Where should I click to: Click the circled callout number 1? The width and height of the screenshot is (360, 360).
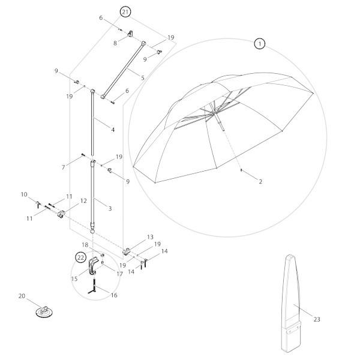click(259, 43)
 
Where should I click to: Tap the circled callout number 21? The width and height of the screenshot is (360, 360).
click(125, 12)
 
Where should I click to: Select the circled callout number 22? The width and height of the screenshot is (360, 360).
click(80, 257)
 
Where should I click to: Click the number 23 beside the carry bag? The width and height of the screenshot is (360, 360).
click(317, 319)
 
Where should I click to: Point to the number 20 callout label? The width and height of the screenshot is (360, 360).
click(22, 296)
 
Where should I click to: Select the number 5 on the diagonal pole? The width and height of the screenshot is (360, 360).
click(142, 77)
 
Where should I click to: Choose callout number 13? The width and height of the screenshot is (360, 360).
click(151, 238)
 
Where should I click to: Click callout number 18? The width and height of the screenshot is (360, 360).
click(85, 245)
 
